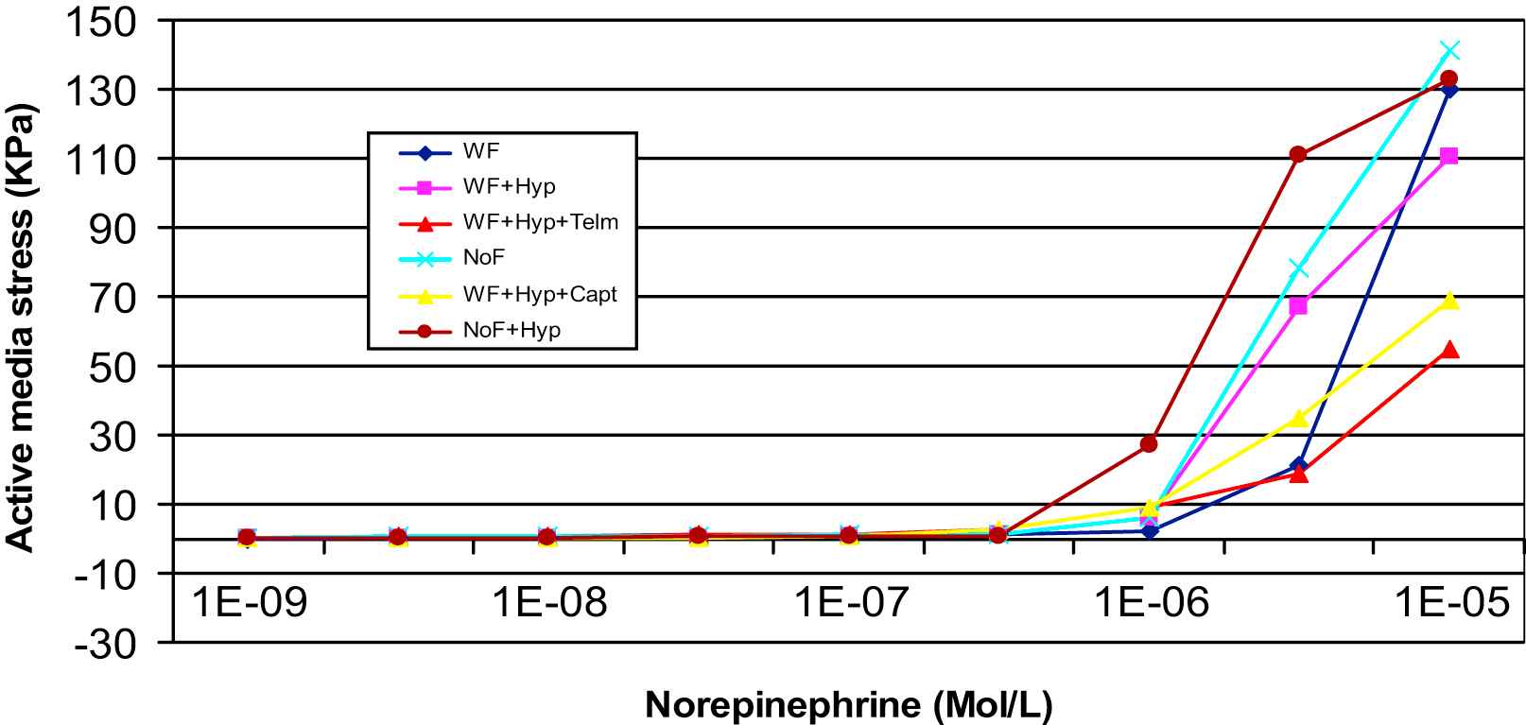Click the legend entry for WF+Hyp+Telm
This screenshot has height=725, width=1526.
click(x=540, y=222)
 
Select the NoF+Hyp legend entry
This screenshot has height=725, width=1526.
click(x=512, y=330)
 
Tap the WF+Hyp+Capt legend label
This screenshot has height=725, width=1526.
click(x=539, y=294)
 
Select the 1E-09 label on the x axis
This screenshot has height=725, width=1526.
click(x=250, y=602)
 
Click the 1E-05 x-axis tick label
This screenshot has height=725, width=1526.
click(x=1450, y=602)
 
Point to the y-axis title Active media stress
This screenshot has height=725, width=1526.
click(x=21, y=326)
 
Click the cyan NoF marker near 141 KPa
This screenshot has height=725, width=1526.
click(x=1449, y=50)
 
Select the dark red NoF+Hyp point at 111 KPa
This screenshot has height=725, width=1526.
click(x=1298, y=154)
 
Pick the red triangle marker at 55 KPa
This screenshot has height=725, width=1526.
click(x=1449, y=350)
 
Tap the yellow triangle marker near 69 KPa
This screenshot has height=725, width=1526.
click(x=1449, y=301)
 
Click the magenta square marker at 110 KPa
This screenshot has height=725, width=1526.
click(x=1449, y=156)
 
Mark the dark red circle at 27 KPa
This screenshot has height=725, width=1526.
click(x=1149, y=443)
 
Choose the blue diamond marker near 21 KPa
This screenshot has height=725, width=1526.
click(x=1299, y=465)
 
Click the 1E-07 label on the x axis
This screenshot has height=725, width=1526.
click(x=849, y=602)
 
